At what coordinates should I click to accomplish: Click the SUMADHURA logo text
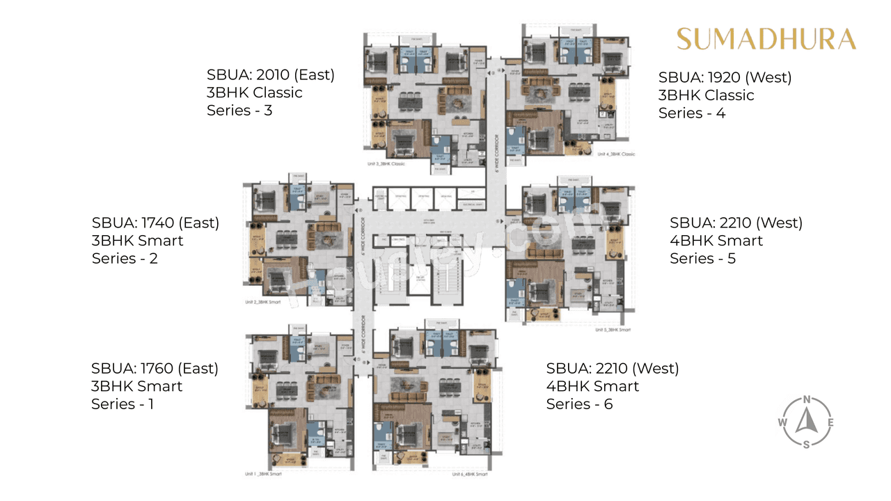[x=766, y=39]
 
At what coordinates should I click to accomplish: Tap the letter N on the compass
[x=806, y=399]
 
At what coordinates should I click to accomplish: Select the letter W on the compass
[x=782, y=422]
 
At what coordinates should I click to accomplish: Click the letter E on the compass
[x=830, y=422]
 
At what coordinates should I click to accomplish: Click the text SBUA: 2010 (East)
[x=270, y=74]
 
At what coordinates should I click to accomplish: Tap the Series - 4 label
[x=692, y=113]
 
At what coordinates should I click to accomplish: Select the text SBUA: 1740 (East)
[x=155, y=223]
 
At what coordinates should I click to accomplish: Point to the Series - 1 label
[x=123, y=404]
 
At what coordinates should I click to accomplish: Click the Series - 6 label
[x=579, y=404]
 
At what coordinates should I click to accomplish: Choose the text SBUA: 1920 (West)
[x=725, y=77]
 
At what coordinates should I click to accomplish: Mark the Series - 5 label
[x=702, y=258]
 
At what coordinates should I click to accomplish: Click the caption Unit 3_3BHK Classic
[x=386, y=164]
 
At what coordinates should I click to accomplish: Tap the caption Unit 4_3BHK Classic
[x=613, y=154]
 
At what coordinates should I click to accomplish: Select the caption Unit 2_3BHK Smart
[x=262, y=303]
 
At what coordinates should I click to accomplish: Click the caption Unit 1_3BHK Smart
[x=262, y=473]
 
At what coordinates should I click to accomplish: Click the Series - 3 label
[x=239, y=110]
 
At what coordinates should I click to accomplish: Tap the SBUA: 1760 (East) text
[x=155, y=368]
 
